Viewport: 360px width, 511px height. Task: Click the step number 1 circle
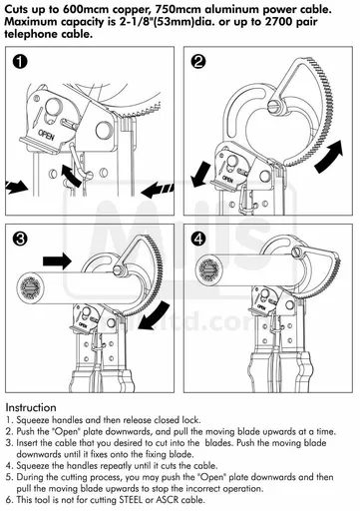tap(22, 63)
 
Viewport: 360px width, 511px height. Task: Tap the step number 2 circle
tap(198, 63)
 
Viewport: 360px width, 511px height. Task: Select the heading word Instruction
tap(38, 408)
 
